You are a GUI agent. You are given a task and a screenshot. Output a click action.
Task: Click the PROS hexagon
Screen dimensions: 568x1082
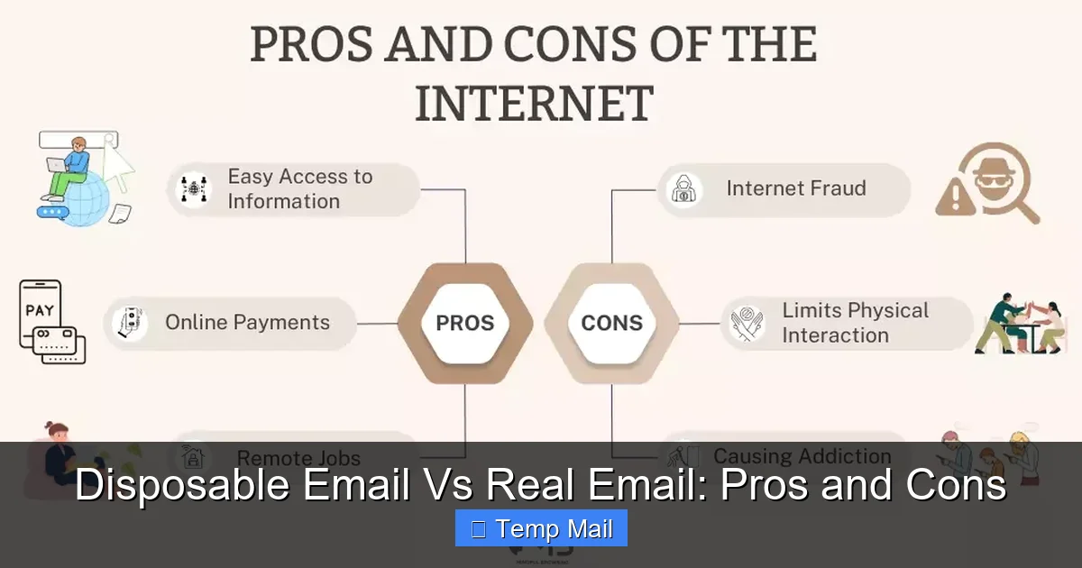(x=464, y=323)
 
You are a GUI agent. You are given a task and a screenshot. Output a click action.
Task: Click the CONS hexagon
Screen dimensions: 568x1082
(x=611, y=323)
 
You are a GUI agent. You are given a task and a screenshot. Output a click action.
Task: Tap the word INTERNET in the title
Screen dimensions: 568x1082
(x=534, y=103)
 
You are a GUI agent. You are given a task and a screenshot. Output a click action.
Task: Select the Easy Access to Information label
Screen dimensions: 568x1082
(x=299, y=189)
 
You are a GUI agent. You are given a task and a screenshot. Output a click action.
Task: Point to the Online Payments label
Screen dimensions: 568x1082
(x=247, y=323)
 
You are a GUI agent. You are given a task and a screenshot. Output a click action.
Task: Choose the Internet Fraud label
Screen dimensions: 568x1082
(x=795, y=188)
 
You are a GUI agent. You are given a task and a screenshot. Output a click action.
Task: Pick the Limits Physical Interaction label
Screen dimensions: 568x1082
(x=854, y=323)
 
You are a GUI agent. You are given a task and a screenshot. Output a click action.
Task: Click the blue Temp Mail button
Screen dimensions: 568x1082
(x=541, y=528)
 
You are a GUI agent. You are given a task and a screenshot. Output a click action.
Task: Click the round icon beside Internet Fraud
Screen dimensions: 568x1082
(x=685, y=189)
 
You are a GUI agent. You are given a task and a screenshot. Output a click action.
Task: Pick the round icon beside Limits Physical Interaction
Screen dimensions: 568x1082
(x=747, y=323)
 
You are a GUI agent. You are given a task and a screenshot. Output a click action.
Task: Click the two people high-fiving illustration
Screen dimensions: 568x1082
(x=1021, y=323)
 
